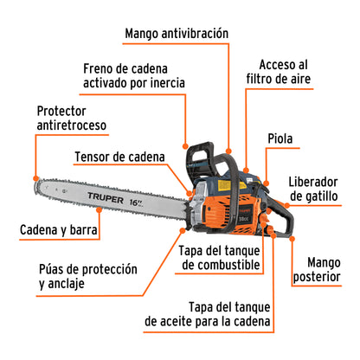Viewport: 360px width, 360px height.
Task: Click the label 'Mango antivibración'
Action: point(177,34)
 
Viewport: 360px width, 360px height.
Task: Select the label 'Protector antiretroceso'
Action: point(71,118)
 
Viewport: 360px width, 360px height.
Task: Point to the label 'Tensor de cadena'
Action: point(119,157)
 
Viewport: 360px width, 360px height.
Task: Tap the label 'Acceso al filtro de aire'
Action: point(284,72)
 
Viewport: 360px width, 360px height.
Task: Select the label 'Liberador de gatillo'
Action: point(320,189)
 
